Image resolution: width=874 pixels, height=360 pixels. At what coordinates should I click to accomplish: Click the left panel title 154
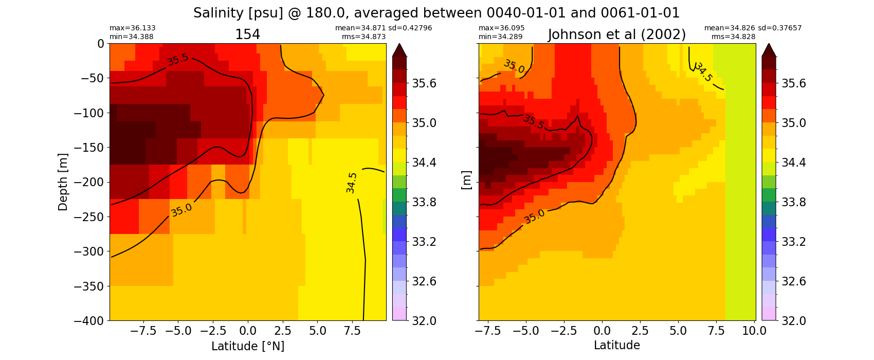click(x=247, y=34)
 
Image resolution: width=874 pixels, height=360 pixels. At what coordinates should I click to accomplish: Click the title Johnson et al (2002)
click(x=616, y=34)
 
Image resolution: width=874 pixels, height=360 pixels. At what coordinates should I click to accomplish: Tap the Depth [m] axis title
click(x=63, y=182)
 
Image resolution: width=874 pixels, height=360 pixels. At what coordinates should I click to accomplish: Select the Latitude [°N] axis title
click(x=247, y=346)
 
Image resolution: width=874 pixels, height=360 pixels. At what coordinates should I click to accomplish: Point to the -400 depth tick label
click(x=88, y=321)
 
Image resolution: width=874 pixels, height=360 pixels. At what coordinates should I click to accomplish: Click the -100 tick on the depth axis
click(x=88, y=113)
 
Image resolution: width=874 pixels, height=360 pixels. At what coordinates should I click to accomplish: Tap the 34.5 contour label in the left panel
click(x=351, y=183)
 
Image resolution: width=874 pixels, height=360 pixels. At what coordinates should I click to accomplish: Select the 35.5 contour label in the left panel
click(x=177, y=60)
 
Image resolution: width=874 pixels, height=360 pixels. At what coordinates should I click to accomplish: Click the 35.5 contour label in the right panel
click(x=533, y=122)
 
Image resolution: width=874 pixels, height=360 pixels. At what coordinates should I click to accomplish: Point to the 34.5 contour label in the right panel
click(x=703, y=72)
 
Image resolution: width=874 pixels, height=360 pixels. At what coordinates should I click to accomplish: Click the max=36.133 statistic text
click(x=133, y=28)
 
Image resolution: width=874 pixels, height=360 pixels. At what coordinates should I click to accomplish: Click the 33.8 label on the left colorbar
click(x=424, y=202)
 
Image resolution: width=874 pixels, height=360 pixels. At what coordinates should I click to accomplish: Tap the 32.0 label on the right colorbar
click(x=793, y=321)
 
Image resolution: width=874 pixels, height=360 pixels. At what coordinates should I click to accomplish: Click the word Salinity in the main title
click(x=216, y=13)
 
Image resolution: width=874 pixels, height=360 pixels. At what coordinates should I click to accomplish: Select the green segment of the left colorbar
click(x=399, y=195)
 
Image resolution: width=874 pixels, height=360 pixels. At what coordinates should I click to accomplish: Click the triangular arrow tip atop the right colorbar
click(x=769, y=50)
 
